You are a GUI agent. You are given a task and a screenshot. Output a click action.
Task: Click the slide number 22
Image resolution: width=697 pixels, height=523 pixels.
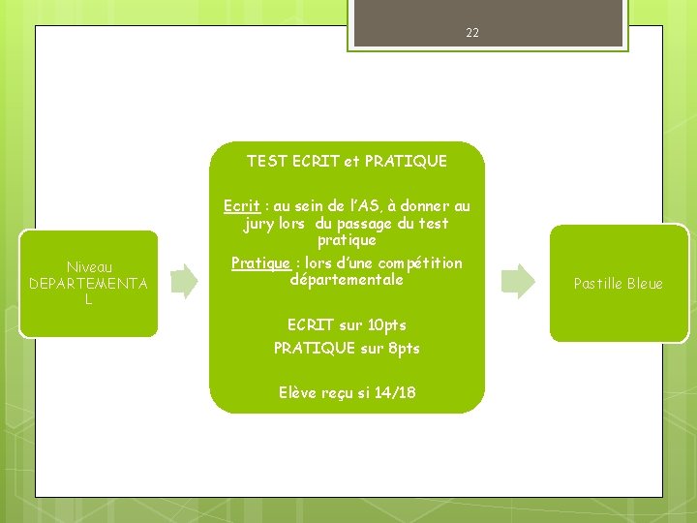pos(472,33)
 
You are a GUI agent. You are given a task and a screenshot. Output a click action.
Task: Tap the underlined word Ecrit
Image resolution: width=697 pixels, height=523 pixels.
pos(241,206)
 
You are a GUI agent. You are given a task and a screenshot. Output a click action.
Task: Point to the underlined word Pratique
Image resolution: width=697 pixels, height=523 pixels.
pos(260,263)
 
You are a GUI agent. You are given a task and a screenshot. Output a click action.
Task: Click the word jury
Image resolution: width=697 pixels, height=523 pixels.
pos(259,224)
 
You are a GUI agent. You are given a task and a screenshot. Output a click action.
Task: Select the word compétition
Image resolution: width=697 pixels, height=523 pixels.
pos(420,263)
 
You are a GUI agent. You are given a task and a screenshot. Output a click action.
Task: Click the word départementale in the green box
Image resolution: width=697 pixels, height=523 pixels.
pos(347,280)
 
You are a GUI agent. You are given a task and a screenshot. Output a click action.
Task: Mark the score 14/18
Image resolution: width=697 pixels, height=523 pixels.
pos(396,392)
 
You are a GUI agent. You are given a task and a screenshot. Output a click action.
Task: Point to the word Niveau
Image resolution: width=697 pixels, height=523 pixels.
pos(89,267)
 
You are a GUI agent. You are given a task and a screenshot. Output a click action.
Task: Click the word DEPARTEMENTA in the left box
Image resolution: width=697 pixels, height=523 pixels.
pos(89,284)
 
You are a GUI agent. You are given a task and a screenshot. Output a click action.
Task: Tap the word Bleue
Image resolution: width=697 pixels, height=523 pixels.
pos(644,284)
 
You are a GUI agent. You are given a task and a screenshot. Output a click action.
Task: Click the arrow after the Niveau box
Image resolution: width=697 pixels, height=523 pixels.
pos(184,281)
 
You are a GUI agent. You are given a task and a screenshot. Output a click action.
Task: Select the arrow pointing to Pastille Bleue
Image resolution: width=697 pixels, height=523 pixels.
pos(518,281)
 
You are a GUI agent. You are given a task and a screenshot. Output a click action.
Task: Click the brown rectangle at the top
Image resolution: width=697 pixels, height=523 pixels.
pos(486,22)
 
